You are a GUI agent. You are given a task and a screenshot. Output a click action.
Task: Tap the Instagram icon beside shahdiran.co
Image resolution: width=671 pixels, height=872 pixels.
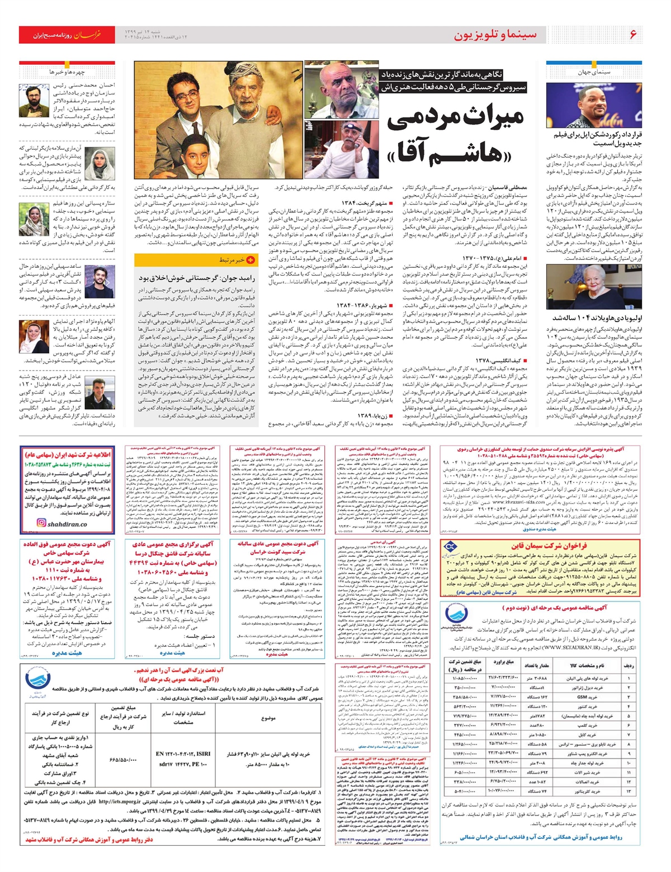(40, 524)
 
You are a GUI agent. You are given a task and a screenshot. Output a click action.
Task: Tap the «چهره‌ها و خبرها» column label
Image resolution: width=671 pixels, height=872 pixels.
(67, 72)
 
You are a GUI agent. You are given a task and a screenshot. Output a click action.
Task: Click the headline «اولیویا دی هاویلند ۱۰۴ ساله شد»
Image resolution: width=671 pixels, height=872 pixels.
(594, 317)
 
